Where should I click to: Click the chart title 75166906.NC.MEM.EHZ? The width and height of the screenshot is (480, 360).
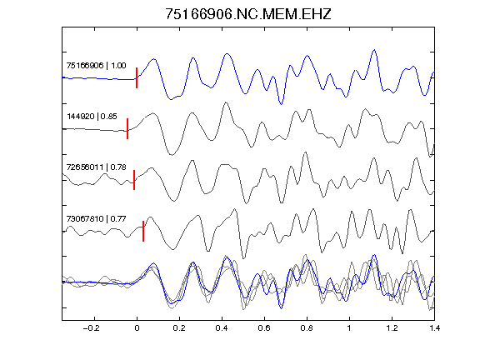coord(248,14)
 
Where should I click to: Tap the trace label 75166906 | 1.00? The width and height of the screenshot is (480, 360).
coord(96,66)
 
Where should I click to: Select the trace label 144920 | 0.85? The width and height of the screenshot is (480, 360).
coord(92,117)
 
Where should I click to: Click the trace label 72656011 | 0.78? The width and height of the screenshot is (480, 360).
coord(96,167)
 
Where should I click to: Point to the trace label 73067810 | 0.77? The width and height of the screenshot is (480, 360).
coord(96,219)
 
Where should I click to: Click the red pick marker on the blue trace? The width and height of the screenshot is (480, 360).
coord(137,77)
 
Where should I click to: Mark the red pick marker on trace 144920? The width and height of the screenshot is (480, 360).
coord(127,128)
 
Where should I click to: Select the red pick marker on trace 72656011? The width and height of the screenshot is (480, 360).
coord(134,180)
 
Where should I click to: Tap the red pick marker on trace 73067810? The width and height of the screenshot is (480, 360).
coord(143,231)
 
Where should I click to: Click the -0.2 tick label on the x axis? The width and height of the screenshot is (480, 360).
coord(91,328)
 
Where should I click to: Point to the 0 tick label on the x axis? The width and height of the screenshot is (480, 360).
coord(137,328)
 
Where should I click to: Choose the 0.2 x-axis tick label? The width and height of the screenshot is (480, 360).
coord(179,328)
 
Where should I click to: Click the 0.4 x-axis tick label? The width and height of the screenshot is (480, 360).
coord(222,328)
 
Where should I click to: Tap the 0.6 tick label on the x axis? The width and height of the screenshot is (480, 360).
coord(264,328)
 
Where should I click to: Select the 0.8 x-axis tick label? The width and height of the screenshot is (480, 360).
coord(307,328)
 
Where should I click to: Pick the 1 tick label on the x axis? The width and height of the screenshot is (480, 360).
coord(349,328)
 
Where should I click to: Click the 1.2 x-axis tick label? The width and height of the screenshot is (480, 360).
coord(392,328)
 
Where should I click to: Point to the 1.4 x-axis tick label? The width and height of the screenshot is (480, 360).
coord(434,328)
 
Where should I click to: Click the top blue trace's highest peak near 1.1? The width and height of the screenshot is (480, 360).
coord(374,50)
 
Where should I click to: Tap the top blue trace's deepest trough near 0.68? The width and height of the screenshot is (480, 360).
coord(281,104)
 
